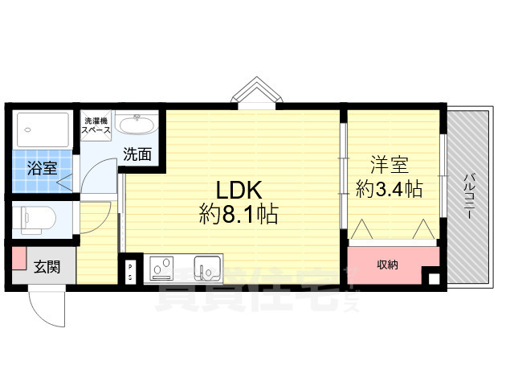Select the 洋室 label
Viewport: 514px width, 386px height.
[390, 166]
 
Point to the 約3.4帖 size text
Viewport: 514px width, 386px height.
[390, 189]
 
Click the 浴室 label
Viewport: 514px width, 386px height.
[43, 168]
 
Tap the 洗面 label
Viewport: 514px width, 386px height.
[137, 154]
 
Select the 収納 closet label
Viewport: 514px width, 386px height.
[389, 264]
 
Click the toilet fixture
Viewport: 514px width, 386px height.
[36, 217]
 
